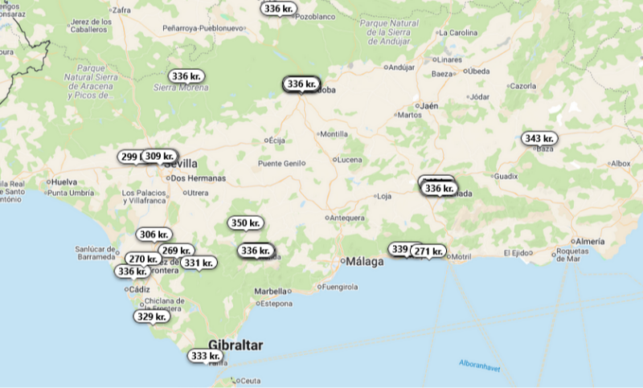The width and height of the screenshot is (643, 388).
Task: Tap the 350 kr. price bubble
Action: pos(245,223)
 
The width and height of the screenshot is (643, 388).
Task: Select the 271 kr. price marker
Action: pos(428,251)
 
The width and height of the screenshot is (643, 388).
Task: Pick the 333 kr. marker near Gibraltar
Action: pos(205,356)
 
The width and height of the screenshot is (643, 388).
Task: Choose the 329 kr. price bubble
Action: pos(151,317)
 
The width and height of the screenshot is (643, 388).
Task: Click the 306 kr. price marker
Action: pos(153,235)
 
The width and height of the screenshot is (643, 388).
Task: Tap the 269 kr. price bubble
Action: pos(175,251)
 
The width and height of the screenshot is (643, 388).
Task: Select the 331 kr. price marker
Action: pos(198,263)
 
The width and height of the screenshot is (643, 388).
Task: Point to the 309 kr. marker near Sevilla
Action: pos(159,156)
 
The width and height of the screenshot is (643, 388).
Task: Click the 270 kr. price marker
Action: pos(143,259)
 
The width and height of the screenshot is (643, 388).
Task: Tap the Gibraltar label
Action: pos(235,345)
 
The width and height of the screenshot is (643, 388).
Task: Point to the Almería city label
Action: pos(590,241)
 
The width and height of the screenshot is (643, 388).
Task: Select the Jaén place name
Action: pos(429,105)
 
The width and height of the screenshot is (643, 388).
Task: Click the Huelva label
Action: pos(63,182)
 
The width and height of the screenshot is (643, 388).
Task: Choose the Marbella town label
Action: pos(270,291)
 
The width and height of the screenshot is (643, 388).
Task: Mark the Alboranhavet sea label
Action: pos(481,364)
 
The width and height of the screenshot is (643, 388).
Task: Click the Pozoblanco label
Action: pos(316,16)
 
